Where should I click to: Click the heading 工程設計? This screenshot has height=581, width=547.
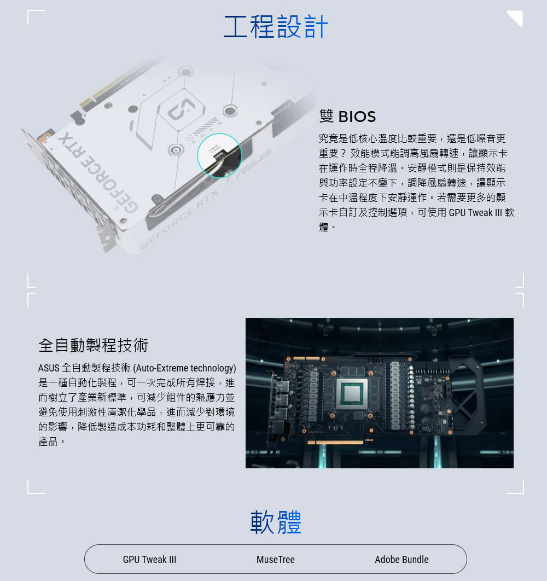coord(276,27)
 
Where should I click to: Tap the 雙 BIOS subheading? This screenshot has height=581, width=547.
coord(347,117)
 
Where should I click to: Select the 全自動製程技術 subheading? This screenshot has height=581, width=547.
coord(93,345)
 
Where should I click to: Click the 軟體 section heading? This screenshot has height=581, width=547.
coord(276,522)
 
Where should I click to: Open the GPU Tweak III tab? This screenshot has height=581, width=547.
coord(149,559)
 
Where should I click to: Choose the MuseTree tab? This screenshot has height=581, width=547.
coord(275,559)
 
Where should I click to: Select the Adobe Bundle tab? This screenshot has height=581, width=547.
coord(401,559)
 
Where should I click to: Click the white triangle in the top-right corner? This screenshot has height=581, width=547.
coord(516,18)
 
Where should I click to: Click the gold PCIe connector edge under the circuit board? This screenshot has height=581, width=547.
coord(335,442)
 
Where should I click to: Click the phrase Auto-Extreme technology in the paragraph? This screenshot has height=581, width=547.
coord(184,368)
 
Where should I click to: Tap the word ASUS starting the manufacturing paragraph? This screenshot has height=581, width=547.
coord(49,368)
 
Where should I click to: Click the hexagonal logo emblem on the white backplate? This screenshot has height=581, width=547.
coord(181,109)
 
